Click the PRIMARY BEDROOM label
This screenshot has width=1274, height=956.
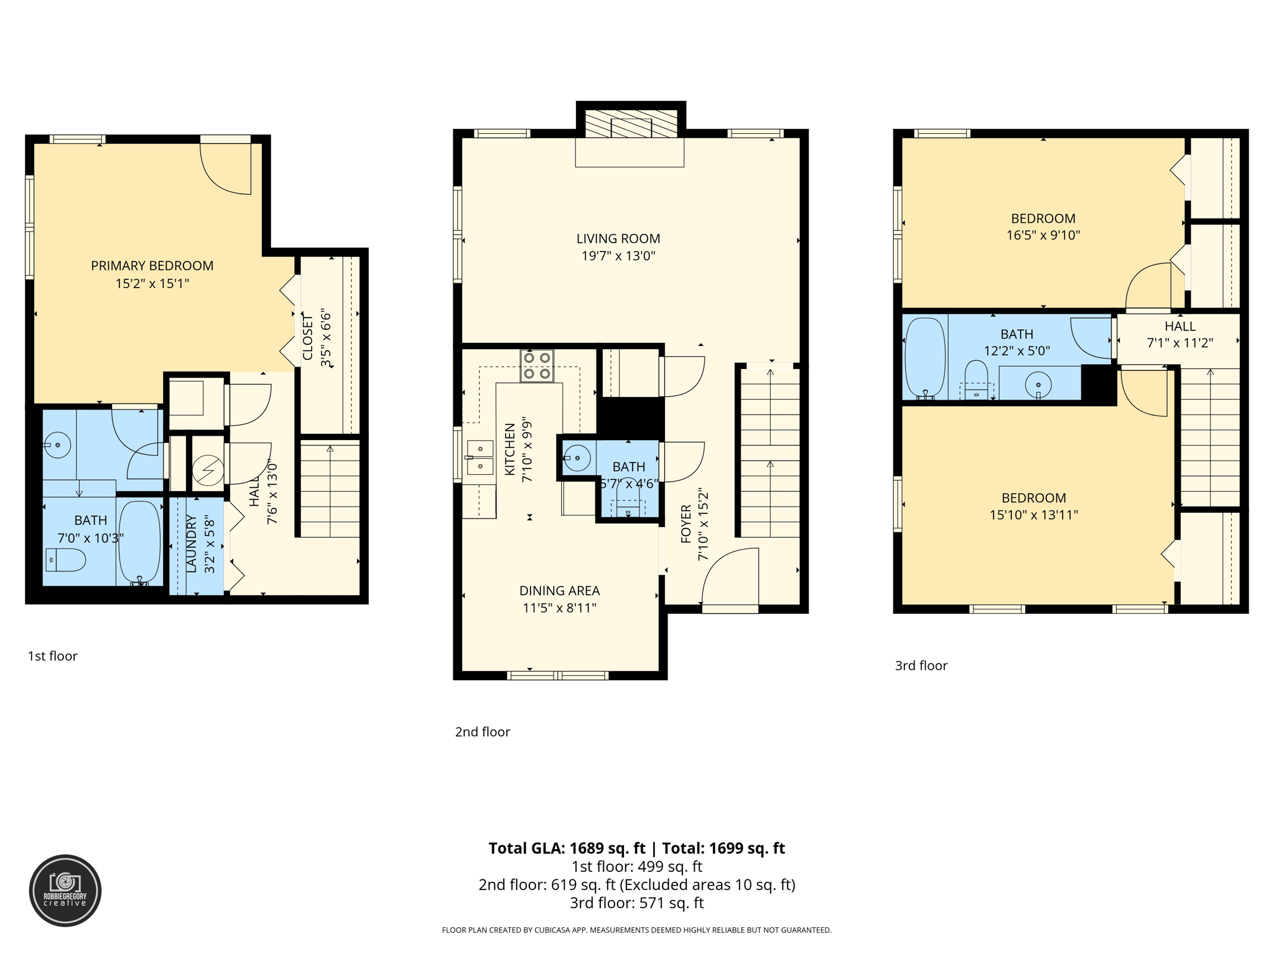pyautogui.click(x=152, y=266)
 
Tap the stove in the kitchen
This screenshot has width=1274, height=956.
pyautogui.click(x=537, y=366)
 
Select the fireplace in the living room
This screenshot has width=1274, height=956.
pyautogui.click(x=631, y=125)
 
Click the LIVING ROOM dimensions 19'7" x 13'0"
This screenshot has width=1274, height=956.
pyautogui.click(x=618, y=256)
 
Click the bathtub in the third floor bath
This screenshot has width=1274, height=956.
pyautogui.click(x=924, y=358)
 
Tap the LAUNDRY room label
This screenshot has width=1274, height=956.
pyautogui.click(x=191, y=543)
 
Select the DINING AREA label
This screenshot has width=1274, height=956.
pyautogui.click(x=559, y=591)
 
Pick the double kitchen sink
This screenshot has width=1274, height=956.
pyautogui.click(x=480, y=457)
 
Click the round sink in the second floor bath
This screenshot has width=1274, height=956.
pyautogui.click(x=578, y=459)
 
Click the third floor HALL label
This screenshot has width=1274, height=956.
pyautogui.click(x=1179, y=326)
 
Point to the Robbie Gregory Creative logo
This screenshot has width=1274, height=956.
pyautogui.click(x=65, y=891)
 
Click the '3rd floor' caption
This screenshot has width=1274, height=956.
pyautogui.click(x=921, y=665)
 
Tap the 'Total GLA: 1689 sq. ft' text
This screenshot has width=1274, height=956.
pyautogui.click(x=566, y=848)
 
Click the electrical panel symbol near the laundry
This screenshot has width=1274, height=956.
pyautogui.click(x=208, y=471)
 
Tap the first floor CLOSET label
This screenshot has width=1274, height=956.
pyautogui.click(x=308, y=337)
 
